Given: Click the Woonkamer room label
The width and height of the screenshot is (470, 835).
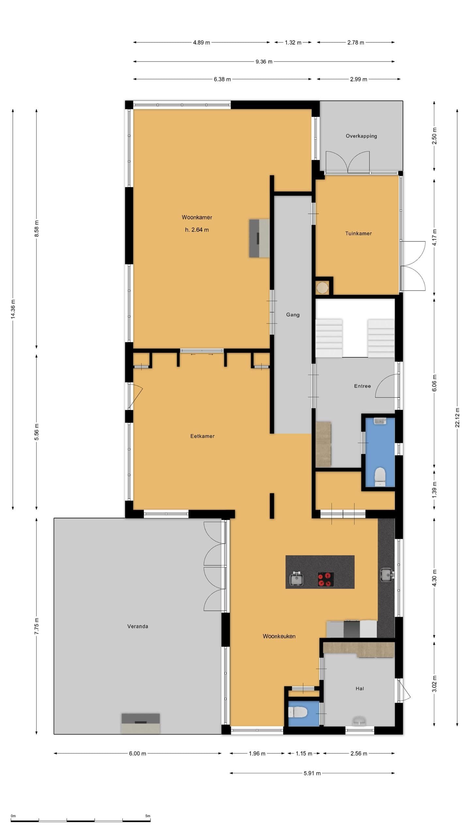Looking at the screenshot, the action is [197, 217].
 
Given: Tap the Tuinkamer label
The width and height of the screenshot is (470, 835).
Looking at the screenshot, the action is [358, 233].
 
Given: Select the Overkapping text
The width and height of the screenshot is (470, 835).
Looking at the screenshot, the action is [361, 136].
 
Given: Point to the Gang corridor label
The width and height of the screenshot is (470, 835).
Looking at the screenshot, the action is [293, 315].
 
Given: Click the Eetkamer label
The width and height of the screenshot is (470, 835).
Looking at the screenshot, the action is [202, 436].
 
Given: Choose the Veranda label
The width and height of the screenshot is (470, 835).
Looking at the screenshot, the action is [138, 626].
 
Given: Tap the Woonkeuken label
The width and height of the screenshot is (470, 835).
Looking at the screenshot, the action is [279, 636].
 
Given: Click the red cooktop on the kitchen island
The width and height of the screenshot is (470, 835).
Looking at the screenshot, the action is [326, 580].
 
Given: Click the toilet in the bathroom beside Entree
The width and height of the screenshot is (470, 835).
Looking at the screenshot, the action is [380, 477].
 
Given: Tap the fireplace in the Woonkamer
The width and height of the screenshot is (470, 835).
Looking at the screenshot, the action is [259, 238].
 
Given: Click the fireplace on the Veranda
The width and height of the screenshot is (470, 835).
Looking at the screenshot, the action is [141, 723].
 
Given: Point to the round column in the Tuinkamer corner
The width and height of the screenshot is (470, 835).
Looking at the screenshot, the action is [322, 288].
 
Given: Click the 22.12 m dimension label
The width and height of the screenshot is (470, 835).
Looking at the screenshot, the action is [457, 417].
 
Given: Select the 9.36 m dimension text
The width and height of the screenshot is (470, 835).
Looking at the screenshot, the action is [264, 62].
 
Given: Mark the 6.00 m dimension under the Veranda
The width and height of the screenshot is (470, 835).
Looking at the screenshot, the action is [137, 753].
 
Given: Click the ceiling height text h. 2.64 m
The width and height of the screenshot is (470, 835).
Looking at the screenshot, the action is [197, 230].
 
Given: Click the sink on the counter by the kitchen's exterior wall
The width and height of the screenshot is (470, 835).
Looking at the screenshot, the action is [387, 575].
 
